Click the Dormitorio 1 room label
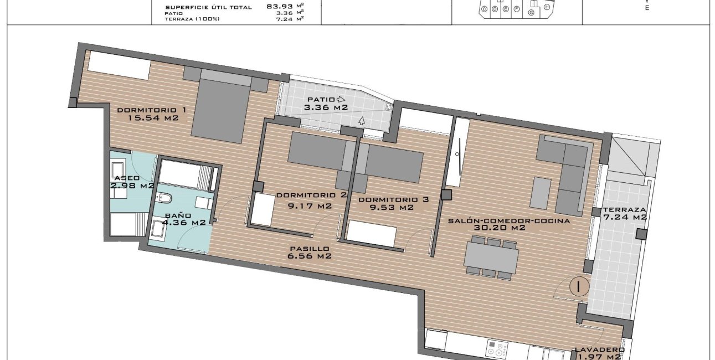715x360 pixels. pyautogui.click(x=151, y=110)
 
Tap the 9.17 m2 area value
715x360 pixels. pyautogui.click(x=309, y=206)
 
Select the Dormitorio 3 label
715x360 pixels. pyautogui.click(x=393, y=199)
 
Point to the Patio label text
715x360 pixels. pyautogui.click(x=320, y=100)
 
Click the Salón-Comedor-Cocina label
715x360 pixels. pyautogui.click(x=509, y=220)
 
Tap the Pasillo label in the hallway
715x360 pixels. pyautogui.click(x=309, y=249)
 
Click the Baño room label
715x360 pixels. pyautogui.click(x=178, y=215)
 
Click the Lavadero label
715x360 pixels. pyautogui.click(x=599, y=349)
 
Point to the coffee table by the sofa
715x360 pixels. pyautogui.click(x=541, y=193)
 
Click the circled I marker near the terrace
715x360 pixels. pyautogui.click(x=579, y=286)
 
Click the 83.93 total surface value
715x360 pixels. pyautogui.click(x=279, y=7)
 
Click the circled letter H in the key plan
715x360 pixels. pyautogui.click(x=547, y=7)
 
